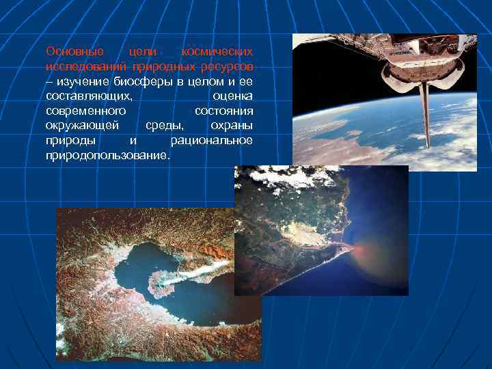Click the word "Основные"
click(x=74, y=51)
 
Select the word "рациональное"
click(x=211, y=141)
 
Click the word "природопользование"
click(x=107, y=156)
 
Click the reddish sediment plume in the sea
click(x=369, y=256)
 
